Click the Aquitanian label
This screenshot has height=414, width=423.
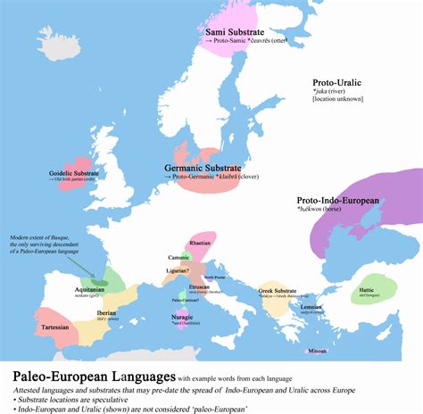tap(90, 290)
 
